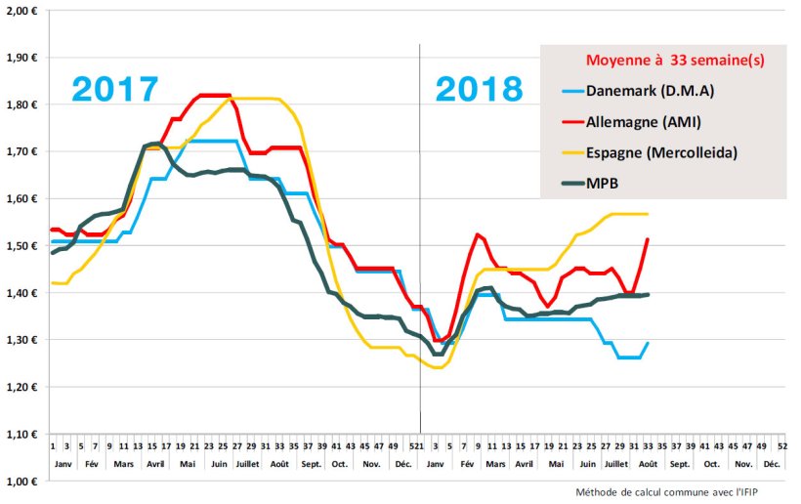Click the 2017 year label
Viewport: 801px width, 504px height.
coord(115,90)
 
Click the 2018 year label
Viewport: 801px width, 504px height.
coord(479,90)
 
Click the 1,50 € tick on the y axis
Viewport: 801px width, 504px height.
coord(21,245)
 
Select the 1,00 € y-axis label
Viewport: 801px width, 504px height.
coord(21,481)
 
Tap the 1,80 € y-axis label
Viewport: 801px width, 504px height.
coord(21,104)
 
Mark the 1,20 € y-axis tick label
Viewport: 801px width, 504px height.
coord(21,387)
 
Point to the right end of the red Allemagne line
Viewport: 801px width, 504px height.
coord(648,239)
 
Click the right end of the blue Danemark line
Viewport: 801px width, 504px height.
coord(648,343)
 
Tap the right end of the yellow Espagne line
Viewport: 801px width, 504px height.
coord(648,214)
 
